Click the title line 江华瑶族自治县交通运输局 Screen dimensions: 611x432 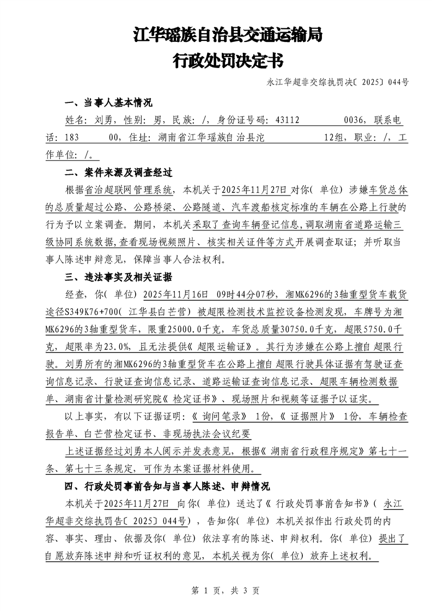[228, 36]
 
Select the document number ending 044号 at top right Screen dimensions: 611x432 [338, 83]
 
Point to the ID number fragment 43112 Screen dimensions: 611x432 [287, 121]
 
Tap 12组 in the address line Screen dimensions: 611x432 [336, 138]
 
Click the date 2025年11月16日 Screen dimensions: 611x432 [176, 295]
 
